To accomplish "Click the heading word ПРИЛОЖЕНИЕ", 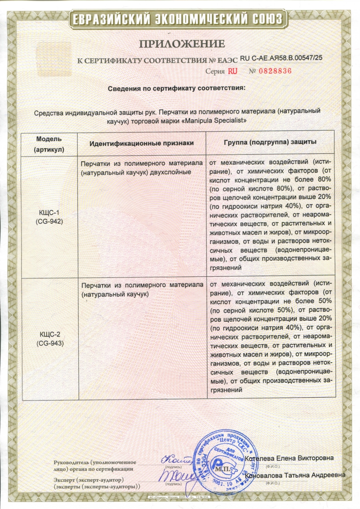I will [x=182, y=44].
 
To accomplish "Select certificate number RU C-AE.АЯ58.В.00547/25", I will [x=281, y=58].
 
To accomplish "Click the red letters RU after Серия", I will [x=232, y=71].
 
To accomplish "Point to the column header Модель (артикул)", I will [x=49, y=144].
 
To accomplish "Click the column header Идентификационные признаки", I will [x=142, y=143].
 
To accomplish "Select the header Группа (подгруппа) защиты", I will [x=270, y=142].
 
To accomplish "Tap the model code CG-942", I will [x=49, y=221].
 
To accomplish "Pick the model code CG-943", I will [x=50, y=343].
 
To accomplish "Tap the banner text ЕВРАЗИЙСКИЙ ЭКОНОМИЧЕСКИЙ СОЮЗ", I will [x=177, y=19].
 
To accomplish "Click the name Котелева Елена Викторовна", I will [x=289, y=458].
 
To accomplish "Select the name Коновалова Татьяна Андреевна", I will [x=295, y=475].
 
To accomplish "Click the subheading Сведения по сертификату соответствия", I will [x=176, y=89].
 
